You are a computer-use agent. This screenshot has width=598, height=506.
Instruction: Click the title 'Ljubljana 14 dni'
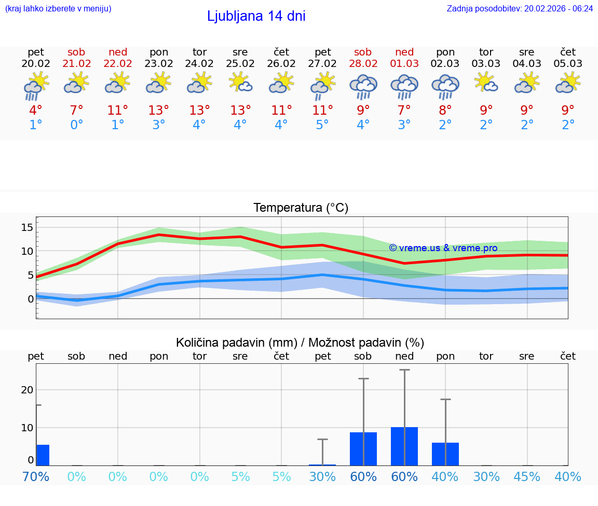[x=256, y=16]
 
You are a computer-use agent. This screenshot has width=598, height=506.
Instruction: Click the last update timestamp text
[x=520, y=8]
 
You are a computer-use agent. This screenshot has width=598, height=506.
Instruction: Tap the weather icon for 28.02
[x=363, y=86]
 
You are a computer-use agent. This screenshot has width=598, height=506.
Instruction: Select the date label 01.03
[x=404, y=64]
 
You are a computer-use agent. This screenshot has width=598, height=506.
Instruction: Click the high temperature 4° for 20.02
[x=36, y=111]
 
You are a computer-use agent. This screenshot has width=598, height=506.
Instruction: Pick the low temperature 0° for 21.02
[x=77, y=125]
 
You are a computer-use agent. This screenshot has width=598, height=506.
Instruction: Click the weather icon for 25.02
[x=240, y=83]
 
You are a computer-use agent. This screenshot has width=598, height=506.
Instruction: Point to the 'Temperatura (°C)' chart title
[x=301, y=208]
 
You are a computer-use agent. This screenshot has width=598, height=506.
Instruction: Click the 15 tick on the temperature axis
[x=28, y=227]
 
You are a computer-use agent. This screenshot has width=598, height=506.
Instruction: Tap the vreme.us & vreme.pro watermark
[x=443, y=248]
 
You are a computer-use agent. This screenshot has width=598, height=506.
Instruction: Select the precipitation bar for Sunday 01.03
[x=404, y=446]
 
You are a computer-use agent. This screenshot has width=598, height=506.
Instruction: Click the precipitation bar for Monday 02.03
[x=445, y=454]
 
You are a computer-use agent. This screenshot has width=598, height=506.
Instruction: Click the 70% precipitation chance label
[x=36, y=476]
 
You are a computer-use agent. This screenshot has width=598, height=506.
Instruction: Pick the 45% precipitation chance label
[x=527, y=476]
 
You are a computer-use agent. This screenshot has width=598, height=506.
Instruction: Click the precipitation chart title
[x=300, y=343]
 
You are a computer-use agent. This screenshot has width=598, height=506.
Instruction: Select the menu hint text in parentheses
[x=58, y=8]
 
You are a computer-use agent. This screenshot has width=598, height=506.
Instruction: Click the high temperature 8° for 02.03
[x=445, y=111]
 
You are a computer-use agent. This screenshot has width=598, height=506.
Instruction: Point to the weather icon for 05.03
[x=568, y=83]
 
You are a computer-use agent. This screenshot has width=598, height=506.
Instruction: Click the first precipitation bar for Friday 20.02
[x=43, y=455]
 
